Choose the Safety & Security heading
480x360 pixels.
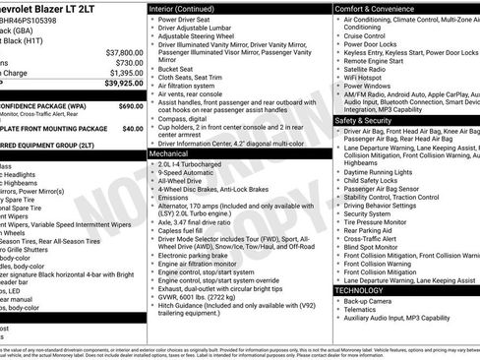369,120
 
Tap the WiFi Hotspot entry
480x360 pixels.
369,77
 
